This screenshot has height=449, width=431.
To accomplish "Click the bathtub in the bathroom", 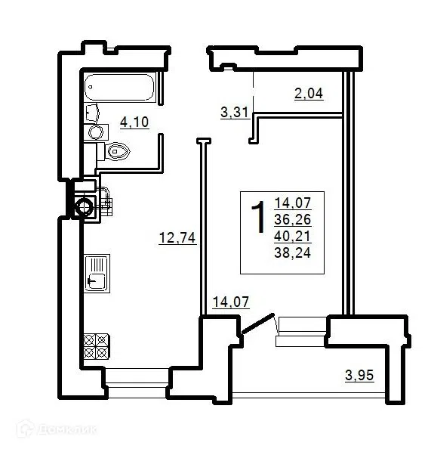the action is (x=120, y=87).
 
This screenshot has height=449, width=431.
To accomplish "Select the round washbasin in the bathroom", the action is (x=96, y=132).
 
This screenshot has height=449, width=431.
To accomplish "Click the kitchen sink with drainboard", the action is (x=97, y=273).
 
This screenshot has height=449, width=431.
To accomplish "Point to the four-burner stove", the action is (x=96, y=346).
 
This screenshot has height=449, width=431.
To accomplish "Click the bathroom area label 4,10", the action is (x=134, y=122).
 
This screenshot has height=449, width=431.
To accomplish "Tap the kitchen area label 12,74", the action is (x=177, y=238).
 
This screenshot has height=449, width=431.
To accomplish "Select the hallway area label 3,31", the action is (x=235, y=112).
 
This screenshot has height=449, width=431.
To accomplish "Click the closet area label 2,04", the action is (x=309, y=94).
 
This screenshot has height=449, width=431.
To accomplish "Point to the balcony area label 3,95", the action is (x=359, y=375).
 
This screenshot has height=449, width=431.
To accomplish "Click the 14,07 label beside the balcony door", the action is (x=231, y=302).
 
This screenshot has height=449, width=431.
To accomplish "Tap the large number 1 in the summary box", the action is (x=258, y=217).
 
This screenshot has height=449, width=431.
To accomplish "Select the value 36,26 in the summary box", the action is (x=293, y=220).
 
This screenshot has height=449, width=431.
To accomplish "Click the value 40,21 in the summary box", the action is (x=293, y=237).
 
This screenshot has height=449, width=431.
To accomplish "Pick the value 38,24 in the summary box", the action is (x=293, y=253).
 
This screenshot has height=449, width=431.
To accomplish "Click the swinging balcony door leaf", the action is (x=257, y=324).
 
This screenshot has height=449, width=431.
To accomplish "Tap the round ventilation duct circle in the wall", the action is (x=84, y=207).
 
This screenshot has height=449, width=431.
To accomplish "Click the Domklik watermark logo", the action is (x=57, y=429).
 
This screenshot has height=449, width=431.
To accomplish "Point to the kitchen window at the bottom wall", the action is (x=136, y=382).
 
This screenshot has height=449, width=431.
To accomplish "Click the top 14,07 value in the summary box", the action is (x=293, y=203).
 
